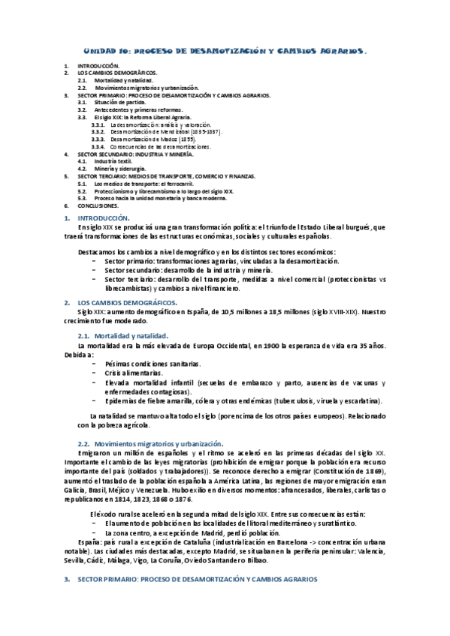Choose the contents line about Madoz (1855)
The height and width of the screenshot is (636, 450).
[153, 139]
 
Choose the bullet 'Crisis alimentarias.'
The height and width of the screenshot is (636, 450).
[133, 373]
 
